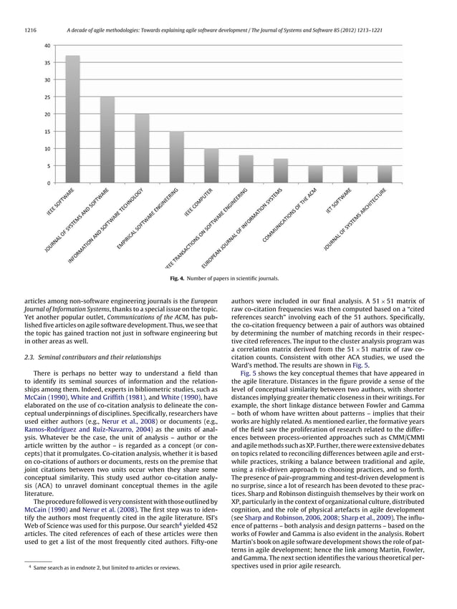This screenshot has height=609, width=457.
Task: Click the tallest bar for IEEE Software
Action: (x=72, y=120)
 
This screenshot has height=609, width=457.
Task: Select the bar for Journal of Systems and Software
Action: (x=107, y=140)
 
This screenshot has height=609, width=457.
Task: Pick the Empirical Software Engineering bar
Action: (x=176, y=157)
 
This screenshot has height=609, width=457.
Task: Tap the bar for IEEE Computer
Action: (x=211, y=166)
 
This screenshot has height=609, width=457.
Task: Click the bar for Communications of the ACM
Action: (x=315, y=175)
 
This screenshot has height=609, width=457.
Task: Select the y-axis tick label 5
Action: (x=48, y=166)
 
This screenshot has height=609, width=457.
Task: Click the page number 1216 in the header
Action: (x=30, y=30)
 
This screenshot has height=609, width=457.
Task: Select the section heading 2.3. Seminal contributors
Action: (x=89, y=356)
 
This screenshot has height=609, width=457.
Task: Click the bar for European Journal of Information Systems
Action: (x=280, y=171)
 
